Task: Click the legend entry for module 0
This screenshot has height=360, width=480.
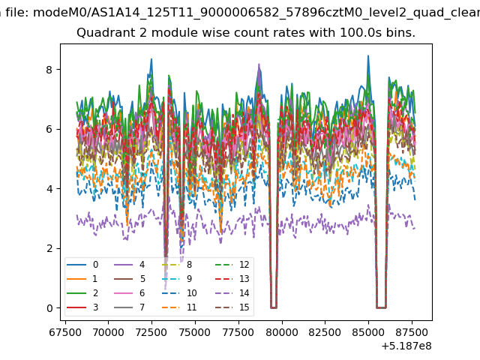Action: [x=82, y=265]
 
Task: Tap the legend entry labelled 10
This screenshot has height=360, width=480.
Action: [x=179, y=293]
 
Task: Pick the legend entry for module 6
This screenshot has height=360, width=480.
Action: [x=130, y=293]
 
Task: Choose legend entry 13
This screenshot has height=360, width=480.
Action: [x=232, y=278]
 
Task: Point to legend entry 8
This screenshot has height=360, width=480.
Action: [x=177, y=265]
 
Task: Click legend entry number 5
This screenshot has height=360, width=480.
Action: [x=130, y=278]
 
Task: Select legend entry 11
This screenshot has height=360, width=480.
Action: [x=179, y=307]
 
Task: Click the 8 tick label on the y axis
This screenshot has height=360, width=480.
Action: [x=49, y=70]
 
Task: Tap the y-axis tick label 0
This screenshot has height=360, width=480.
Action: [x=49, y=308]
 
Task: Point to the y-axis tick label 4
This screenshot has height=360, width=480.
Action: [x=49, y=189]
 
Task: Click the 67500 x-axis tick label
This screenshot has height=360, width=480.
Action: [x=65, y=332]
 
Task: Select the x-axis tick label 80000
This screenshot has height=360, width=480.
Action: [x=282, y=332]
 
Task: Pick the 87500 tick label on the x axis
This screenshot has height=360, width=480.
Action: [x=412, y=332]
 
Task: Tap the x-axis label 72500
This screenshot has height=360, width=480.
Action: [x=151, y=332]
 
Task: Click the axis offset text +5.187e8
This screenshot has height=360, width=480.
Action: [x=406, y=346]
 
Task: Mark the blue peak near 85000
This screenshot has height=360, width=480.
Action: [x=368, y=56]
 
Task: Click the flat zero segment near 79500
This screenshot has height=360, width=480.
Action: [x=274, y=307]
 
